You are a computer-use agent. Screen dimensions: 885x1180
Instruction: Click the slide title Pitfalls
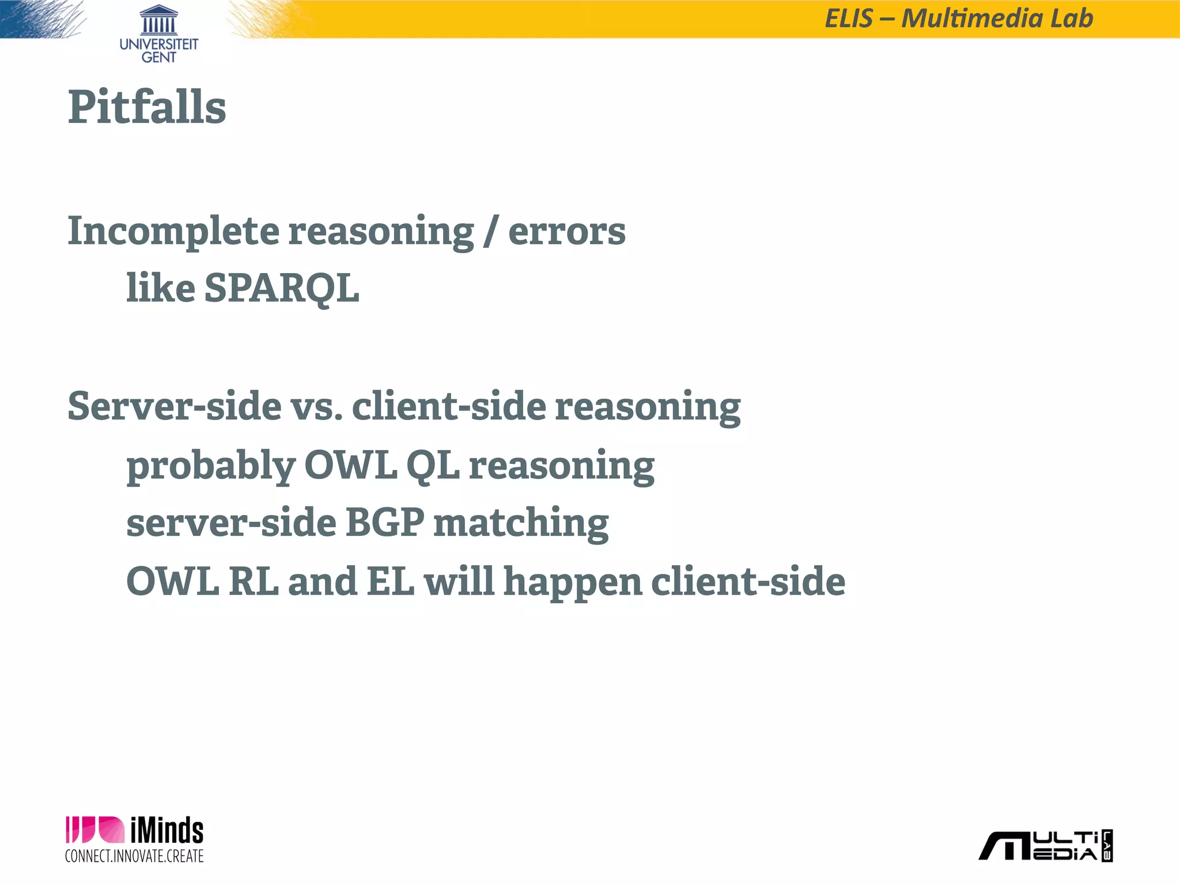[x=147, y=107]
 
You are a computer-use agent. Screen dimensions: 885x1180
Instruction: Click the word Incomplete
[x=173, y=232]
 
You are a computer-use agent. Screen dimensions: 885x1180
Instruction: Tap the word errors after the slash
[x=566, y=232]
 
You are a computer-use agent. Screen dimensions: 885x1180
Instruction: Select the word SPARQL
[x=282, y=288]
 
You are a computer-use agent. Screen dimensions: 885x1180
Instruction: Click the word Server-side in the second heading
[x=175, y=406]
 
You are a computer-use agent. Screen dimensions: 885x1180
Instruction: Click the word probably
[x=210, y=466]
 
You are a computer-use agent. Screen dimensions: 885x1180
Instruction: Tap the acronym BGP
[x=384, y=522]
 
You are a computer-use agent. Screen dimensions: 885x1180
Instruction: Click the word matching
[x=521, y=523]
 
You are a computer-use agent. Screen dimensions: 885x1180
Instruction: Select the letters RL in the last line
[x=254, y=581]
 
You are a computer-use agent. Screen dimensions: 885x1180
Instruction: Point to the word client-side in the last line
[x=748, y=581]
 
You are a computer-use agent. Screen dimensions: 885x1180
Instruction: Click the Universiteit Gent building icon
[x=158, y=20]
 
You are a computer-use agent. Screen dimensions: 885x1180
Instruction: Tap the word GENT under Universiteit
[x=158, y=58]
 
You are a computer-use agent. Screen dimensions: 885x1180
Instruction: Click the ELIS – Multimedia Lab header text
[x=959, y=18]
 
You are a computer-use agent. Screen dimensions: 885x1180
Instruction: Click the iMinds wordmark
[x=167, y=831]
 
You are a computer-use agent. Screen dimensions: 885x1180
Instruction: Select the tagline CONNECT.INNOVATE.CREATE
[x=134, y=856]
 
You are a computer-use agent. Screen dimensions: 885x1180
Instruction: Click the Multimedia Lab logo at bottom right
[x=1046, y=846]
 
